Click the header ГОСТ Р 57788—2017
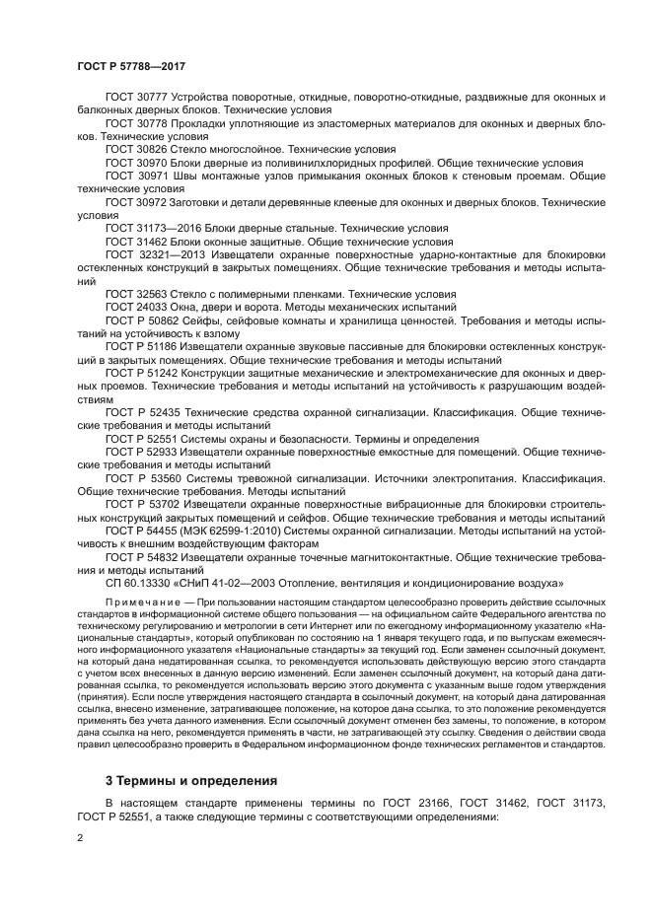click(x=131, y=66)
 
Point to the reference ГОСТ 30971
click(x=136, y=175)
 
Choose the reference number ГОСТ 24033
click(x=136, y=306)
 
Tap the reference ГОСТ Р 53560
click(x=142, y=477)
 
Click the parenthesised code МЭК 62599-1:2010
click(x=228, y=530)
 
